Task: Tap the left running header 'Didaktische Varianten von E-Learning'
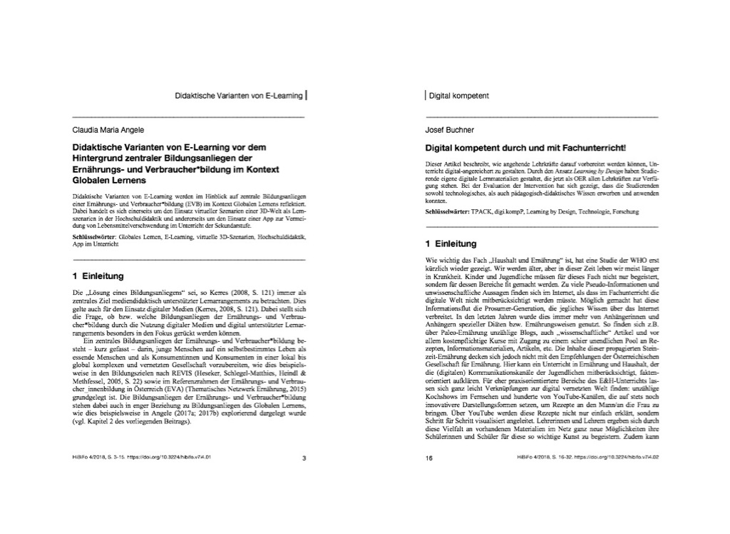(x=239, y=95)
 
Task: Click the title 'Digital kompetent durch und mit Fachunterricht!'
(x=525, y=148)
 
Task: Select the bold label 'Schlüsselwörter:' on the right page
(x=448, y=213)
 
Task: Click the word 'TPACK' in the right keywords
(x=483, y=213)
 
